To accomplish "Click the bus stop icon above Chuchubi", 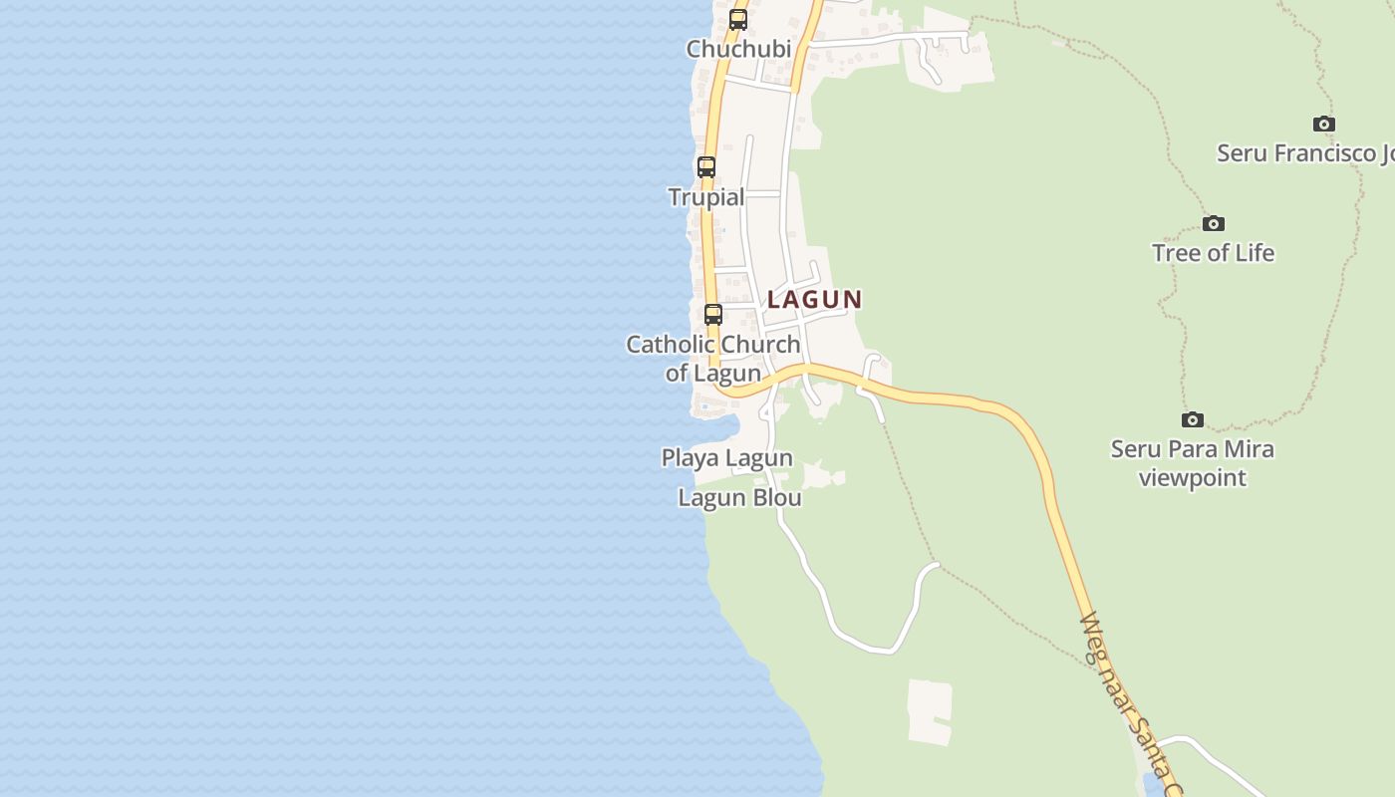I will click(x=738, y=19).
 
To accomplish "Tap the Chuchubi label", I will click(x=738, y=49).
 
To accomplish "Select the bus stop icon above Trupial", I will click(x=706, y=167).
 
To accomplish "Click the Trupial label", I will click(x=706, y=197).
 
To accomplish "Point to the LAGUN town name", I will click(x=814, y=299).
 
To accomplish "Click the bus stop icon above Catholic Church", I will click(x=713, y=315).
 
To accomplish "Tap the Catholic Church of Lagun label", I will click(x=713, y=359).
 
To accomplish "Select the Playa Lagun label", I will click(x=727, y=458).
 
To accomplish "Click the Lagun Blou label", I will click(x=739, y=497).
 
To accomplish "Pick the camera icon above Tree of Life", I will click(x=1213, y=223).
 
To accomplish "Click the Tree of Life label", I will click(x=1213, y=253).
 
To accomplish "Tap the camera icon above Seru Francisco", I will click(x=1324, y=124).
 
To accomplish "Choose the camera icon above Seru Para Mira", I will click(x=1193, y=419).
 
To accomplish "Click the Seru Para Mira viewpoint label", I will click(x=1193, y=463).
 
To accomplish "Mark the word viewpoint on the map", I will click(x=1193, y=478).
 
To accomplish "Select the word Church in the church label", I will click(x=761, y=345).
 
